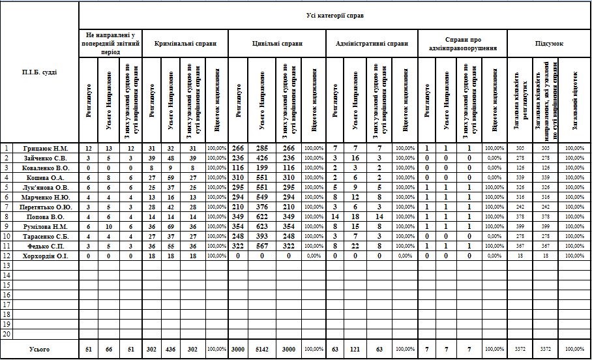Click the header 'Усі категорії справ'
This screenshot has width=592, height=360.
pyautogui.click(x=335, y=14)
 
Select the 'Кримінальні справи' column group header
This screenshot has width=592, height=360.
pyautogui.click(x=185, y=44)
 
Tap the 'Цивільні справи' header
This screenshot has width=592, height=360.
pyautogui.click(x=277, y=44)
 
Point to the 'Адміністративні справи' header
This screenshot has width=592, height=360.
pyautogui.click(x=371, y=44)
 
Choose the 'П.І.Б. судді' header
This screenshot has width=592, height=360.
pyautogui.click(x=39, y=72)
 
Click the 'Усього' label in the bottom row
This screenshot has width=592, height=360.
pyautogui.click(x=39, y=350)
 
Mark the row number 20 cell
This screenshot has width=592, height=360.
pyautogui.click(x=7, y=334)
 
